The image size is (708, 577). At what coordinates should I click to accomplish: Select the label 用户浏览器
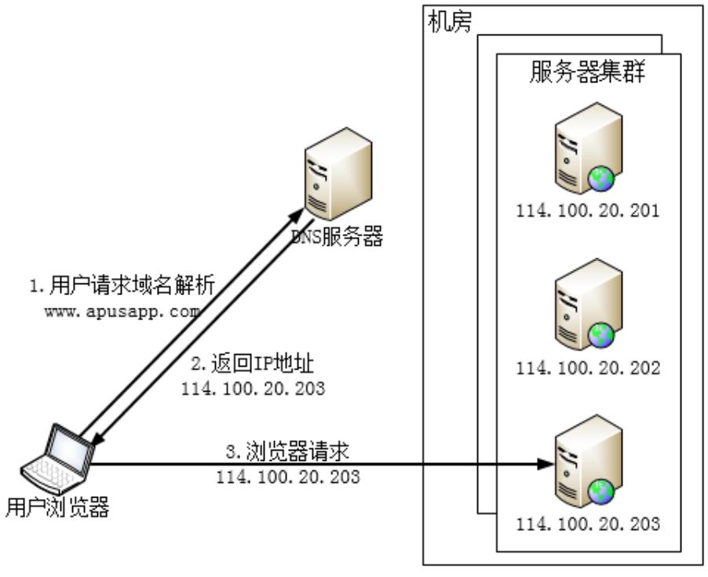pos(57,509)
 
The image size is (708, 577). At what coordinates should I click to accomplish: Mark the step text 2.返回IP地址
pos(253,365)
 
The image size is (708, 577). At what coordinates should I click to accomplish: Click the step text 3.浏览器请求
pos(287,454)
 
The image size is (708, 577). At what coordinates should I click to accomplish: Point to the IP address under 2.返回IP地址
pos(253,388)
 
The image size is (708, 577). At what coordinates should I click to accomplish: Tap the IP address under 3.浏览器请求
pos(288,477)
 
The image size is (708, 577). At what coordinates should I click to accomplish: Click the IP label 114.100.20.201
pos(588,212)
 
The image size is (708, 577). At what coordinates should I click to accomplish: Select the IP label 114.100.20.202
pos(588,367)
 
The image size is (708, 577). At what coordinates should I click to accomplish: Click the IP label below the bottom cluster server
pos(588,523)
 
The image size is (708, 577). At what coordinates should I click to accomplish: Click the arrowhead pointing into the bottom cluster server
pos(544,464)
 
